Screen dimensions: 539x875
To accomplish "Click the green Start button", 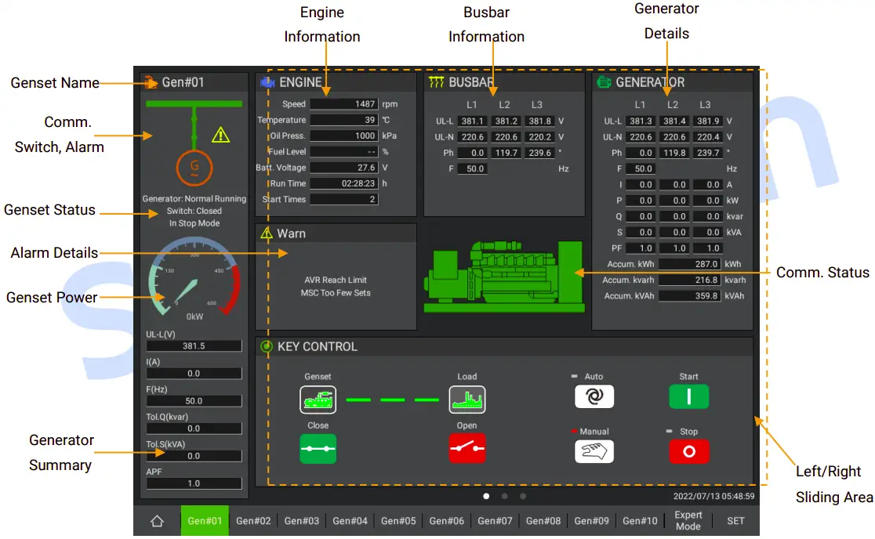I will [x=688, y=396].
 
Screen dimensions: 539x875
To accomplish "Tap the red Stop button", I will [x=688, y=451].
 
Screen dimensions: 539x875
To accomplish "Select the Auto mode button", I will [x=594, y=396].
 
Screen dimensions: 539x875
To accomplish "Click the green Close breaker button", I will [x=318, y=449].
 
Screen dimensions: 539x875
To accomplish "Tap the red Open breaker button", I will [x=467, y=449].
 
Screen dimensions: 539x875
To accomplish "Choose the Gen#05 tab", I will [x=398, y=521].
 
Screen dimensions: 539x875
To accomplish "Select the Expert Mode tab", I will [x=688, y=521].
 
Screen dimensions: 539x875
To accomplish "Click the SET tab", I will [x=735, y=521].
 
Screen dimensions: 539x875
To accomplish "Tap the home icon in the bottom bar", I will [x=157, y=521].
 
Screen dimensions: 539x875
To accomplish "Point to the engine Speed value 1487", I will [x=344, y=104].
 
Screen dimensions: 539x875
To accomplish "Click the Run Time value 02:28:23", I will [x=344, y=183].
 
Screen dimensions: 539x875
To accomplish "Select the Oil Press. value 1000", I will [x=344, y=136].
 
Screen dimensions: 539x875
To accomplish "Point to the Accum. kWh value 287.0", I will [x=689, y=264].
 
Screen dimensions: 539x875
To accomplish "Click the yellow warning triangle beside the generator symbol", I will [x=221, y=135].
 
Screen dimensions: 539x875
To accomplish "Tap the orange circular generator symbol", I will [x=194, y=167].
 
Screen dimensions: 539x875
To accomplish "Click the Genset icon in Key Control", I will [x=318, y=400].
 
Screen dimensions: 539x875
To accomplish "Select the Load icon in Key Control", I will [x=467, y=400].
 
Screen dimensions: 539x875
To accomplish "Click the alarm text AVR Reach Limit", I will [x=336, y=280].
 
